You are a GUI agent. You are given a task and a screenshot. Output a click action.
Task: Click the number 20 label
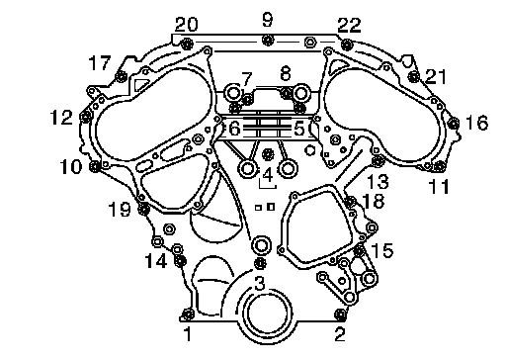coord(187,25)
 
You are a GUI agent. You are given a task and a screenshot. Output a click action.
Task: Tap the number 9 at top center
coord(268,20)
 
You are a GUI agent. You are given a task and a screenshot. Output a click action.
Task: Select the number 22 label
coord(349,25)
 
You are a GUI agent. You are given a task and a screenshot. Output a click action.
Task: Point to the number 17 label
coord(100,62)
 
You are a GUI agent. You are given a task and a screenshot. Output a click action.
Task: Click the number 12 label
coord(61,117)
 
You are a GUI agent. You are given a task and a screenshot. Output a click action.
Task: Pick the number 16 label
coord(476,123)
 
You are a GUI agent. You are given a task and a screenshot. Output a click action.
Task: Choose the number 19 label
coord(120,209)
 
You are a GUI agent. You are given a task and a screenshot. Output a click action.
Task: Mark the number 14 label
coord(156,262)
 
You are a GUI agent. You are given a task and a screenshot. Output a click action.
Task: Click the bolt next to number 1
coord(188,314)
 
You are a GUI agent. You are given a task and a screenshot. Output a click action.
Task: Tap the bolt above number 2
coord(340,315)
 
